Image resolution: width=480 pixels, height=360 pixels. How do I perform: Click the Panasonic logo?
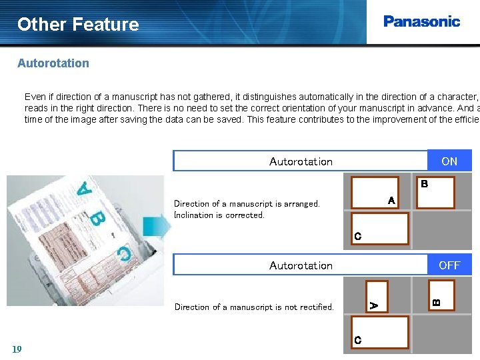pyautogui.click(x=421, y=21)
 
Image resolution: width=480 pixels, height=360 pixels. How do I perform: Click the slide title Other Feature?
pyautogui.click(x=78, y=25)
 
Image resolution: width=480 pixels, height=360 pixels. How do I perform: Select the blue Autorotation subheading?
pyautogui.click(x=53, y=63)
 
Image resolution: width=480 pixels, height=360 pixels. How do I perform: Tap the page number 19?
pyautogui.click(x=17, y=349)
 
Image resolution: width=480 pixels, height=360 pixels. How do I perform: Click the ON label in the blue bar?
pyautogui.click(x=449, y=161)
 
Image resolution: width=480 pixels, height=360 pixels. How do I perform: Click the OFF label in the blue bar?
pyautogui.click(x=449, y=265)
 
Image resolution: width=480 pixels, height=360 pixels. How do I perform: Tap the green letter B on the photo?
pyautogui.click(x=98, y=217)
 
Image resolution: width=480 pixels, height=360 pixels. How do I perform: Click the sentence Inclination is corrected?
pyautogui.click(x=219, y=215)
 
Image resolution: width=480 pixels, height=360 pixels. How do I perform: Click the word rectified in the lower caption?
pyautogui.click(x=317, y=307)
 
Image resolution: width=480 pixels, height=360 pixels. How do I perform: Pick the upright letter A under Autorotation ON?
pyautogui.click(x=391, y=201)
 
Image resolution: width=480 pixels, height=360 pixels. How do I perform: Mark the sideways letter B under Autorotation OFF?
pyautogui.click(x=436, y=303)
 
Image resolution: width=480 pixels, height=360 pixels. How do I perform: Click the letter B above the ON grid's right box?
pyautogui.click(x=424, y=183)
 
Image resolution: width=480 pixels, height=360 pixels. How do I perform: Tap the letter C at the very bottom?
pyautogui.click(x=358, y=341)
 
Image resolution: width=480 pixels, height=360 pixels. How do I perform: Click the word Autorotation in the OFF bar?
pyautogui.click(x=301, y=265)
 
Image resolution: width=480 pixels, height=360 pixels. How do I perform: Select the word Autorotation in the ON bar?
pyautogui.click(x=301, y=161)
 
